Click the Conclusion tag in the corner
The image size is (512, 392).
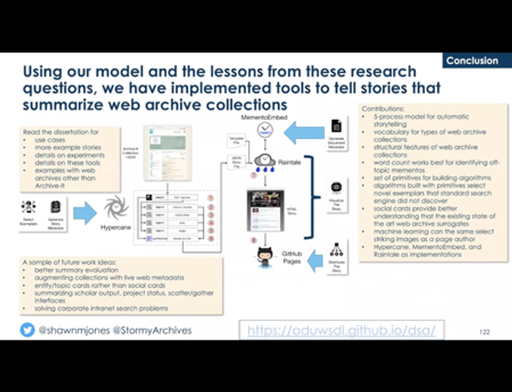point(472,61)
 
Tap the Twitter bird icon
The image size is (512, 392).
point(26,330)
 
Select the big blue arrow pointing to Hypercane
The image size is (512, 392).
point(85,210)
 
